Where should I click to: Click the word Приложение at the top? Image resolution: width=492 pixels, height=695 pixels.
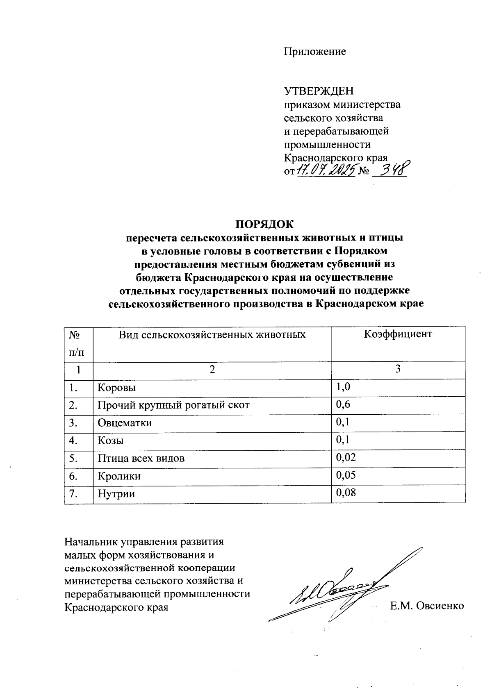click(x=315, y=52)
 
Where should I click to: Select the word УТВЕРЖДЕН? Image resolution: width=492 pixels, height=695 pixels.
click(x=319, y=91)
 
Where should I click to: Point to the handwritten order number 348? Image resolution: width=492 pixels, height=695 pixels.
click(x=392, y=169)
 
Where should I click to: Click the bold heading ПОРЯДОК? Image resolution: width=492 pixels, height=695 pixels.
click(x=264, y=224)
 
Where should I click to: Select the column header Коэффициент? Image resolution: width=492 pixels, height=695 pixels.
click(x=398, y=334)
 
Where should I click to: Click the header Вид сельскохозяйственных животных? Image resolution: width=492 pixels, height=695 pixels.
click(x=212, y=334)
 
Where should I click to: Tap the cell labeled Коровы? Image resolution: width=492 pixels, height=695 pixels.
click(x=117, y=388)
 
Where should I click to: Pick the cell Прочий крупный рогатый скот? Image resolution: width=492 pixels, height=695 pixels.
click(x=173, y=405)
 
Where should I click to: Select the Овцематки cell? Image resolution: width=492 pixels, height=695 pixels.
click(x=125, y=423)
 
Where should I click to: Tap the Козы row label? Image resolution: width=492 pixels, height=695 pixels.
click(x=111, y=441)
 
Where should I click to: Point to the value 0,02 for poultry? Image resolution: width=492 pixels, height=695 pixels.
click(x=345, y=457)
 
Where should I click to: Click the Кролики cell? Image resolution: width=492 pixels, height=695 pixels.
click(x=119, y=476)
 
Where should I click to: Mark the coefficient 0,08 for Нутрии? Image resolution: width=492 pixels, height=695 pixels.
click(x=346, y=493)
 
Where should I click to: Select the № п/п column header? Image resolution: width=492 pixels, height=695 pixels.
click(x=74, y=343)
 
